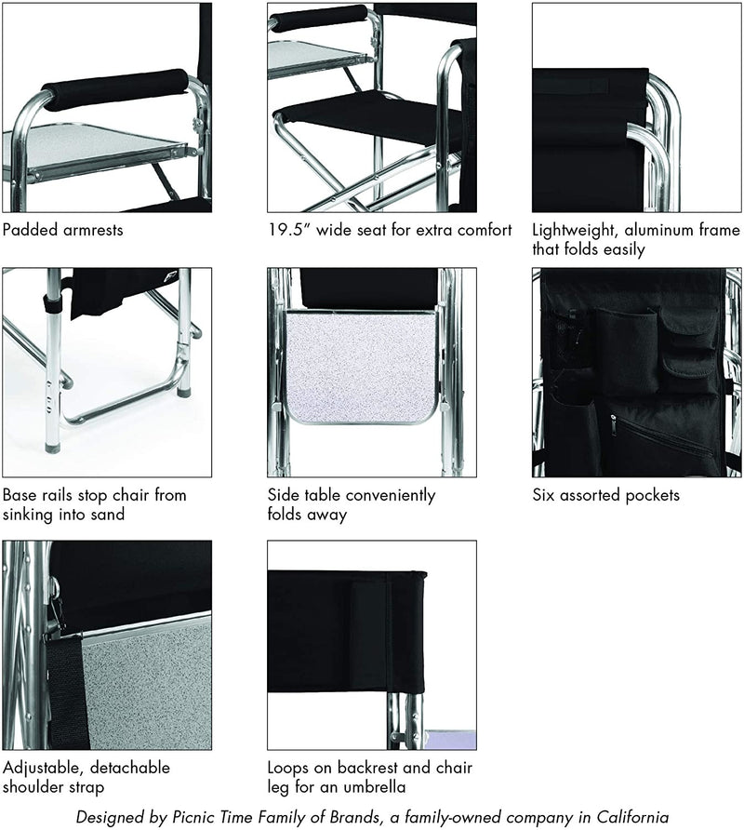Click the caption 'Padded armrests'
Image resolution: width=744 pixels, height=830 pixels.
point(63,230)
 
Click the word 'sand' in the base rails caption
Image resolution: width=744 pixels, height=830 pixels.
point(108,514)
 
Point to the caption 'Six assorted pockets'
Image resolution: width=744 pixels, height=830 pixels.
point(605,495)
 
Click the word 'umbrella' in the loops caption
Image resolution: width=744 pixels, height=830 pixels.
point(375,786)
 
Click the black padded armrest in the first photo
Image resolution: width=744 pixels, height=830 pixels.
point(114,89)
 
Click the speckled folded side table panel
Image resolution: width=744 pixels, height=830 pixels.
point(362,367)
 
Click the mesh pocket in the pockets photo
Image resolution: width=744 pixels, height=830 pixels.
point(566,340)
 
